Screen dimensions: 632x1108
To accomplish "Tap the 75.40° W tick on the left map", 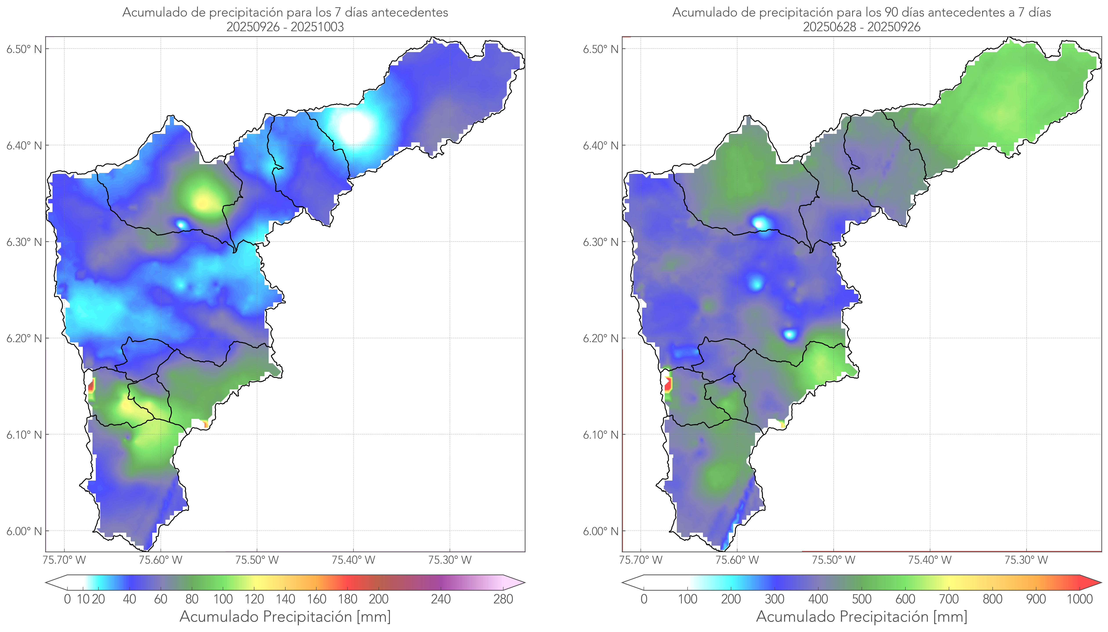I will [x=353, y=560].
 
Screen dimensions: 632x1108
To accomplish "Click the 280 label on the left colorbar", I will [x=503, y=599].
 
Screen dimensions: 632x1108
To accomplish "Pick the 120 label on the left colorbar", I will [x=254, y=599].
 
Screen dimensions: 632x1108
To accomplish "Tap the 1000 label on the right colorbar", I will [x=1079, y=599].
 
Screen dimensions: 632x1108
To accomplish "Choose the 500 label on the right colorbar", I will [x=862, y=599].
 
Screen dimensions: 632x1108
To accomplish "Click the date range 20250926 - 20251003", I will [x=285, y=27].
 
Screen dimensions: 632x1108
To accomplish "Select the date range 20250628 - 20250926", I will [x=862, y=27].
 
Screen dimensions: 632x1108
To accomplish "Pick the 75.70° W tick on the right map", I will [x=641, y=560].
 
